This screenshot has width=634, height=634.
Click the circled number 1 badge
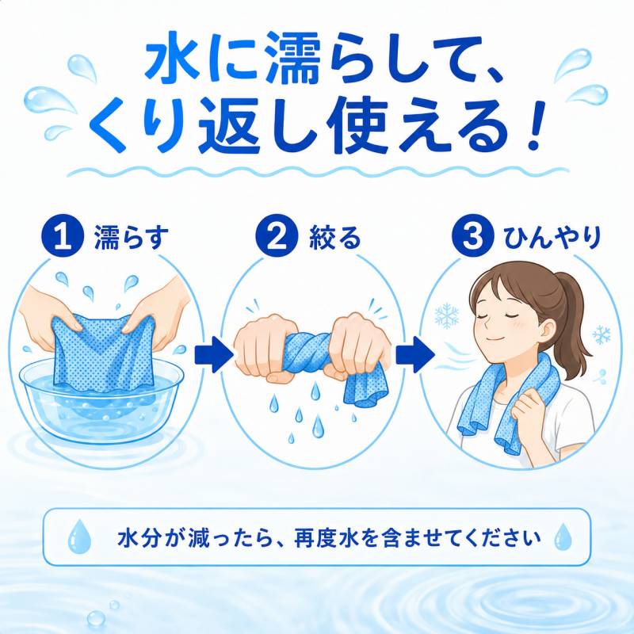pos(63,236)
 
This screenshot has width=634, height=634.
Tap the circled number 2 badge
pos(277,236)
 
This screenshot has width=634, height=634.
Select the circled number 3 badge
pos(472,236)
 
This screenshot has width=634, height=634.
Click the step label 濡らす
pos(132,238)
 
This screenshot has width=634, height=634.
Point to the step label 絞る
pos(334,238)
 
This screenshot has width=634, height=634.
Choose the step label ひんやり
pos(552,238)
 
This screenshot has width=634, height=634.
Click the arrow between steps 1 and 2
pos(214,354)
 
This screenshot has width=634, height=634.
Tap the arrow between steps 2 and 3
pos(414,354)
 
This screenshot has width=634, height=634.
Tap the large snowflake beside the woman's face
pos(447,315)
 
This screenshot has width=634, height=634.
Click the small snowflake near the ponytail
pos(602,334)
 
